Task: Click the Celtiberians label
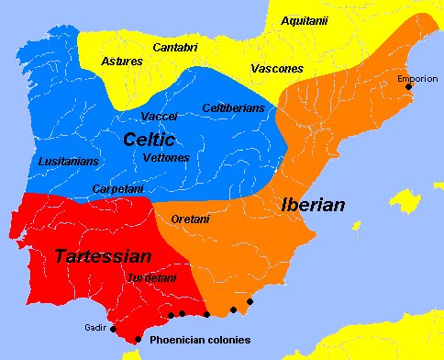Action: click(x=233, y=108)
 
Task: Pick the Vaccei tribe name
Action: click(x=160, y=117)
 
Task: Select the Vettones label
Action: click(x=167, y=158)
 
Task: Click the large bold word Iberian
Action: click(x=313, y=205)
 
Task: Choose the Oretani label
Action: click(x=189, y=219)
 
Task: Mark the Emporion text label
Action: click(x=417, y=78)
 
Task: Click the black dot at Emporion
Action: click(x=408, y=87)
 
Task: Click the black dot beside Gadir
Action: click(x=114, y=328)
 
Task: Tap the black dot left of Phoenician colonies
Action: click(x=139, y=339)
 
